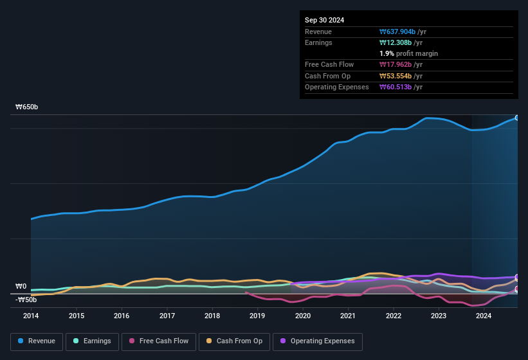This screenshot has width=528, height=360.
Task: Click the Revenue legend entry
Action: tap(37, 341)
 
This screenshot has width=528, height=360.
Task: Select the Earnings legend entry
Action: tap(92, 341)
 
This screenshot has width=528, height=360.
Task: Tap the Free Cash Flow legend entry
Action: tap(159, 341)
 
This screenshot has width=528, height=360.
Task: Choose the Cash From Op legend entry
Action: tap(234, 341)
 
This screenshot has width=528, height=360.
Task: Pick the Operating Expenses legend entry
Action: tap(317, 341)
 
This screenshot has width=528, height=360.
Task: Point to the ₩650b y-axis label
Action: tap(27, 107)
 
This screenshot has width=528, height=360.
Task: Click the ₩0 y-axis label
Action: tap(21, 287)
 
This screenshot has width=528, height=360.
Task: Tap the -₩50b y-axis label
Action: tap(26, 300)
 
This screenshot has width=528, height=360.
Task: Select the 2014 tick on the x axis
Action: tap(31, 316)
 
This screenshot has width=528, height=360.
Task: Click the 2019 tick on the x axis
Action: tap(257, 316)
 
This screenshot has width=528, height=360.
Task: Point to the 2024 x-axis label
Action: tap(484, 316)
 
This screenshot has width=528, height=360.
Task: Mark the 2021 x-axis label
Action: tap(348, 316)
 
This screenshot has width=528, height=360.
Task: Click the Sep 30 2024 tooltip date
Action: tap(325, 20)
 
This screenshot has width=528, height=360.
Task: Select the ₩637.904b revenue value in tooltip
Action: tap(403, 32)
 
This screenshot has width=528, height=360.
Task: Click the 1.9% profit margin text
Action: tap(409, 53)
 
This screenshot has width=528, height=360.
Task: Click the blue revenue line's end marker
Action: tap(516, 118)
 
